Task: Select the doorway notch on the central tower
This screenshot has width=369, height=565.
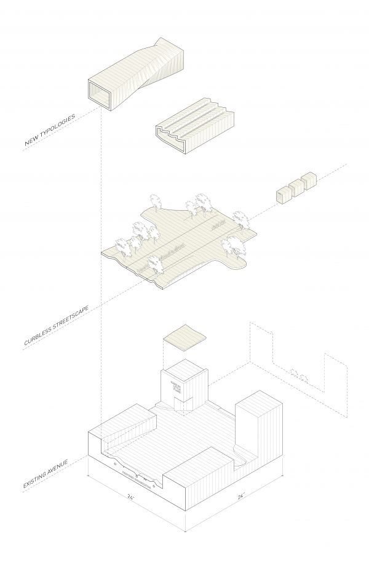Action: (x=180, y=404)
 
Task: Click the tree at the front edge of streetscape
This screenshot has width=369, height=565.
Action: (x=153, y=265)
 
